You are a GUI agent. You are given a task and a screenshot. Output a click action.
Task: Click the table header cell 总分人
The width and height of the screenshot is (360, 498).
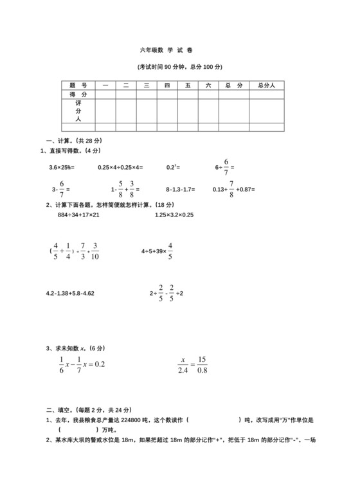click(266, 85)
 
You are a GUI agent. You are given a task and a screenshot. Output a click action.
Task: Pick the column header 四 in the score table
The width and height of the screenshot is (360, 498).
click(166, 85)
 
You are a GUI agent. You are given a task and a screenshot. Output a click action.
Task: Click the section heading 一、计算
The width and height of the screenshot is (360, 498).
click(70, 141)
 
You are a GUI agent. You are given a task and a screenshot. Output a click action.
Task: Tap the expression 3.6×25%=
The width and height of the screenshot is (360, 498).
click(62, 168)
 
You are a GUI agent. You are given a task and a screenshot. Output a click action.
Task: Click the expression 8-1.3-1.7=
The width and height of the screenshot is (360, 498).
click(179, 190)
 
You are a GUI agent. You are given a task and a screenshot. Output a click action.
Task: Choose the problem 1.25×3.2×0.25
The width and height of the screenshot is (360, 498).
click(174, 215)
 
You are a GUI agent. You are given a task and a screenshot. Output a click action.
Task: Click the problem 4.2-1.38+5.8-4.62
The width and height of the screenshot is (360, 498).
click(70, 293)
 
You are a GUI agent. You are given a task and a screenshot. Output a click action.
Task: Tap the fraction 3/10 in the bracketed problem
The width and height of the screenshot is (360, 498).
click(94, 252)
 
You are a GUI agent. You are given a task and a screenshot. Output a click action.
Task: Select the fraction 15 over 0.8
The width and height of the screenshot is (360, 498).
click(202, 363)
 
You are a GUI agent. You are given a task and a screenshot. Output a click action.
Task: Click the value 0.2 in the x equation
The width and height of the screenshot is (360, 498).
click(99, 364)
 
